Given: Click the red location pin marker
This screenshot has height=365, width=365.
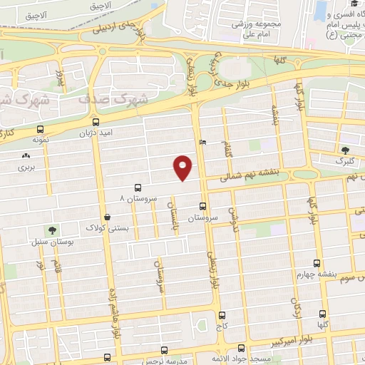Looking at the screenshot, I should click(x=184, y=167).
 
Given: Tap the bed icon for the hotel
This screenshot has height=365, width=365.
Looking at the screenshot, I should click(x=203, y=142).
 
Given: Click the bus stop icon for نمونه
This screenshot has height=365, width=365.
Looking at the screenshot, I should click(x=39, y=130).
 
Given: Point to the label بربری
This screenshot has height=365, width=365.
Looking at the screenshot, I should click(x=26, y=169).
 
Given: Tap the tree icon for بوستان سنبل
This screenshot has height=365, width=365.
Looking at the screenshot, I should click(x=51, y=230).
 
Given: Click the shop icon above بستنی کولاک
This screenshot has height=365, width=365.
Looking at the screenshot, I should click(x=107, y=217).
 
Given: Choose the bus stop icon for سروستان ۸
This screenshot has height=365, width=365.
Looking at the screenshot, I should click(x=137, y=186).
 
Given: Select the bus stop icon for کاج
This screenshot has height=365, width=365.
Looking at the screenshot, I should click(x=222, y=314).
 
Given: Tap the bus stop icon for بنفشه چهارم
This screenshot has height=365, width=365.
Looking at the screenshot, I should click(x=317, y=263).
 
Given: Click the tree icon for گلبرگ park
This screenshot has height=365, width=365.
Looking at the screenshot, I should click(x=346, y=150).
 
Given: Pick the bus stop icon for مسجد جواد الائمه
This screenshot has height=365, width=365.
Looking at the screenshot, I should click(x=241, y=349).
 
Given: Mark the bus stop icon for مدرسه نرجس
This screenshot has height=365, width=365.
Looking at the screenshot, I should click(x=165, y=351).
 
